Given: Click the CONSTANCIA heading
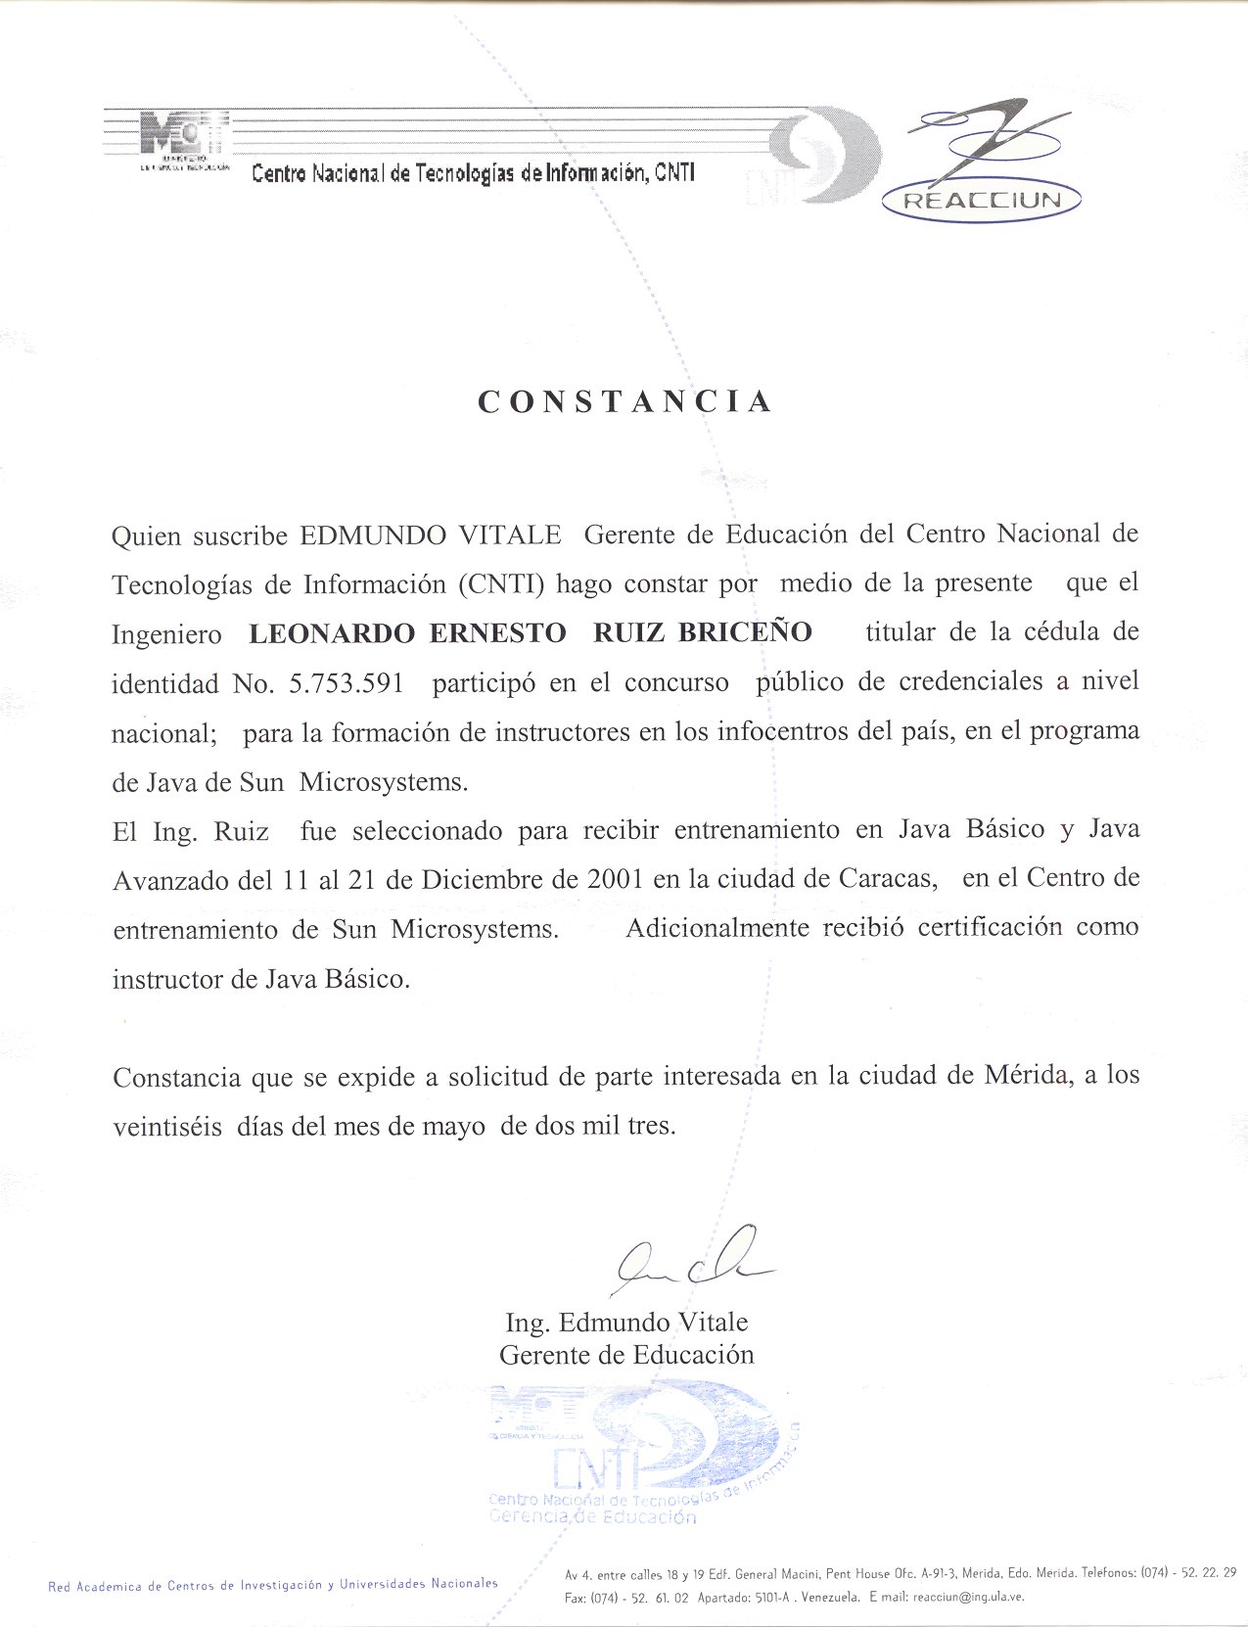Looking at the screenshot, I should click(x=624, y=401).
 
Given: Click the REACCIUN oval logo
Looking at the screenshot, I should click(x=982, y=201).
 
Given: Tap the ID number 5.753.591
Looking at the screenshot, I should click(x=347, y=682).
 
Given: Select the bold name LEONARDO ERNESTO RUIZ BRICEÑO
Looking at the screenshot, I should click(x=531, y=632).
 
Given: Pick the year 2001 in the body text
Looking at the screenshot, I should click(x=615, y=878).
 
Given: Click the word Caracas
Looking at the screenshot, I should click(x=887, y=878).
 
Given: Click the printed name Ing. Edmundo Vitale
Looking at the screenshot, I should click(x=626, y=1323).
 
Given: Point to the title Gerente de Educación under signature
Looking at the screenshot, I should click(x=626, y=1355).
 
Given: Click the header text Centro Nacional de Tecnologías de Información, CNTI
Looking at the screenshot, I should click(x=473, y=173).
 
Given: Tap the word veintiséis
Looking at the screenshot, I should click(x=167, y=1126).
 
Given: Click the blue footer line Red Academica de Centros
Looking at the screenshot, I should click(x=272, y=1584).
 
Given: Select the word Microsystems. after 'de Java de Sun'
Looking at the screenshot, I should click(x=384, y=781).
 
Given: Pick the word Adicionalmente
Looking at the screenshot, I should click(x=717, y=927).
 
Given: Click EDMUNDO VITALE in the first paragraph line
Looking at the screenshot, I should click(x=431, y=535).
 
